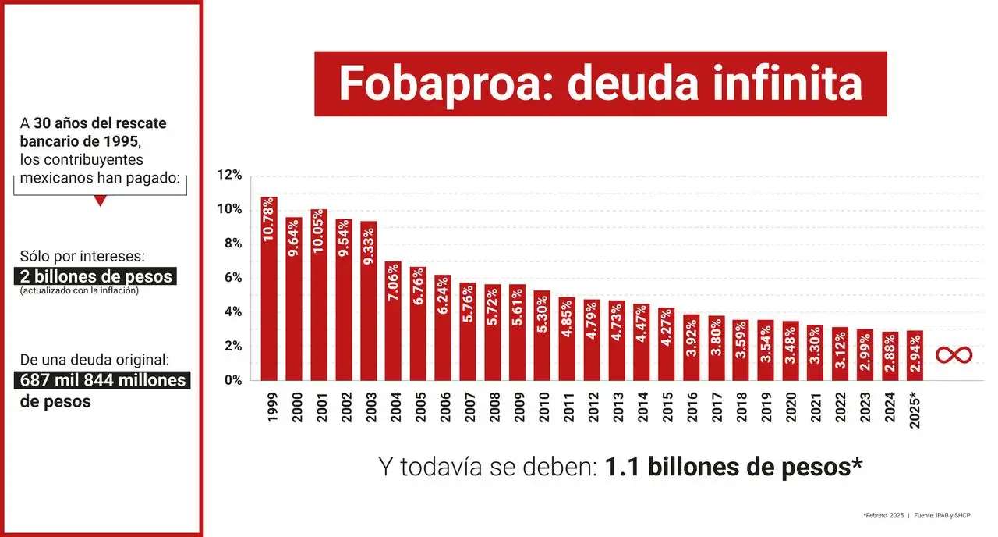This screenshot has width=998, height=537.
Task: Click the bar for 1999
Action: (x=269, y=289)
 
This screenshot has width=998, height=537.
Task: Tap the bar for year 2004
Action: (x=393, y=321)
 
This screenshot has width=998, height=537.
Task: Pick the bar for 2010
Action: (x=542, y=336)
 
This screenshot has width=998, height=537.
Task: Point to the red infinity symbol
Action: (x=954, y=355)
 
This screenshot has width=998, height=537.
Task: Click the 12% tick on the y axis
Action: (x=229, y=175)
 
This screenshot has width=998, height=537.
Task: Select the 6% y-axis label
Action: (x=232, y=278)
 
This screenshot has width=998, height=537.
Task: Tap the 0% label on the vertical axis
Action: (x=232, y=381)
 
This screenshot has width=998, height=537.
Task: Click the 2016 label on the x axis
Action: (x=692, y=407)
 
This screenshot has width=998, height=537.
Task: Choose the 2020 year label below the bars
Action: (x=791, y=407)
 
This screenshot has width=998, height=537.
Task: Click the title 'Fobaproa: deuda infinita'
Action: (x=600, y=84)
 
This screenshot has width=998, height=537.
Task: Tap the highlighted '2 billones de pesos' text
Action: (x=94, y=277)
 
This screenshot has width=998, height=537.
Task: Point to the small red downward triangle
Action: (x=100, y=201)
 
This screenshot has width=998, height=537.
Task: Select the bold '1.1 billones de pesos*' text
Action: (x=733, y=467)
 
